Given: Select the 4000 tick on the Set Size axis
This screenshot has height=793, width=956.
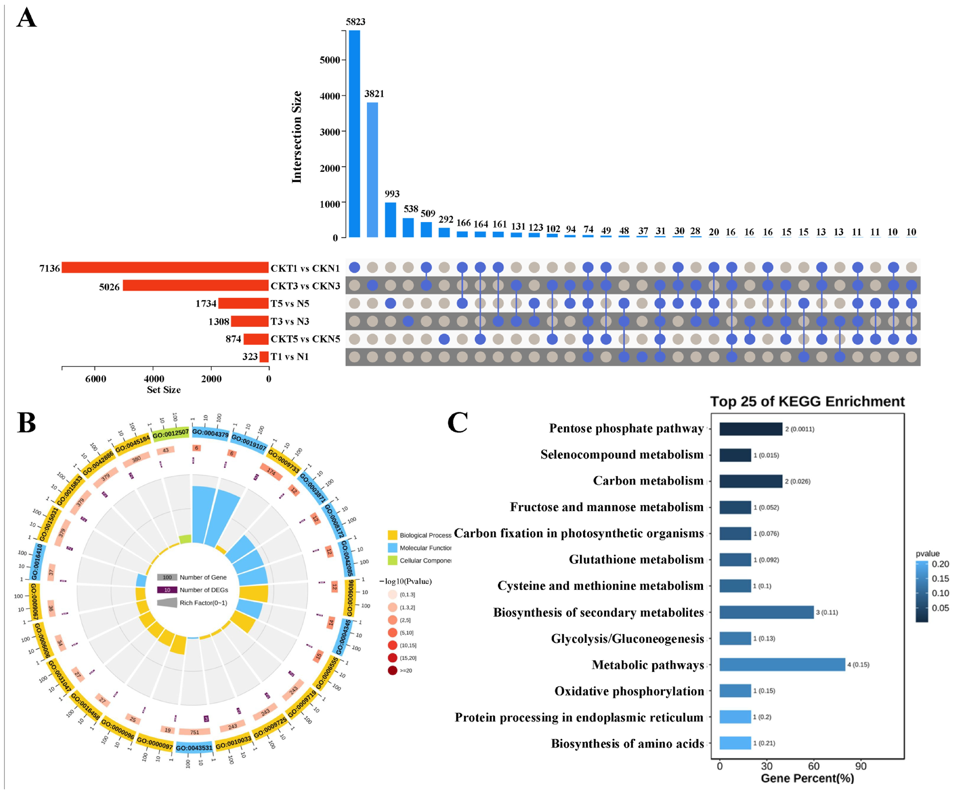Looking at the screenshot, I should (x=154, y=379).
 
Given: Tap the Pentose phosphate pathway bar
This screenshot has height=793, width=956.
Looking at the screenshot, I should (x=751, y=429).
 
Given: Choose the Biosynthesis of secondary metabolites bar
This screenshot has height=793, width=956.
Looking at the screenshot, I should (x=766, y=612).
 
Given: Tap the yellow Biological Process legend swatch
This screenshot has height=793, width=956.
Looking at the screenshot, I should (x=392, y=535).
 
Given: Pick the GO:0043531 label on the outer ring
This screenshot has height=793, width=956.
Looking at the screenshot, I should (x=194, y=748).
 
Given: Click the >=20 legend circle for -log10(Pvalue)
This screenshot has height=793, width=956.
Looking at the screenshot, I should (x=392, y=670).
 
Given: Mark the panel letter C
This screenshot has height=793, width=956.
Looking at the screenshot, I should (x=457, y=423).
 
